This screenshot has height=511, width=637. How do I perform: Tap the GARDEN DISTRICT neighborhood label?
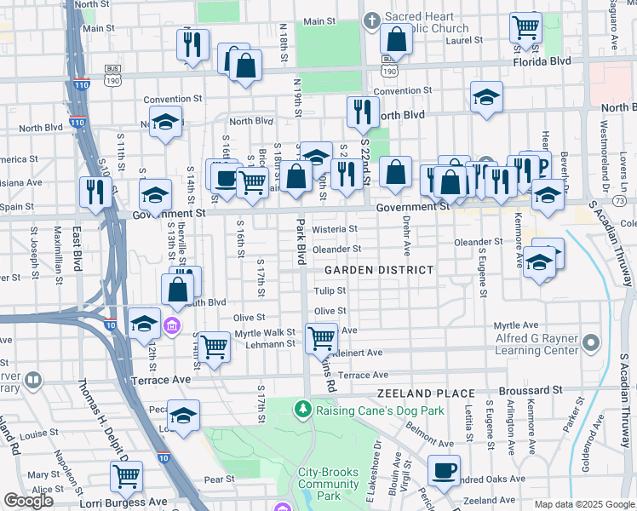pyautogui.click(x=379, y=269)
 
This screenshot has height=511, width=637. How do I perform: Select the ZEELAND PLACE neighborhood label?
pyautogui.click(x=427, y=393)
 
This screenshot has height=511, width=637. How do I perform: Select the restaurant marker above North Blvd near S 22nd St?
pyautogui.click(x=364, y=112)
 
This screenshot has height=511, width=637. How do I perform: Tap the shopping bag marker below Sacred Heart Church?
pyautogui.click(x=396, y=39)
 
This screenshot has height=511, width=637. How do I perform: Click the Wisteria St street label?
pyautogui.click(x=334, y=229)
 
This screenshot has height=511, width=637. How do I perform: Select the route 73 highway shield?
pyautogui.click(x=618, y=200)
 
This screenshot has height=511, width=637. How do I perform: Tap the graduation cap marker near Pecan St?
pyautogui.click(x=183, y=416)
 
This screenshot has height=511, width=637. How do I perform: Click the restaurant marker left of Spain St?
pyautogui.click(x=92, y=192)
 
